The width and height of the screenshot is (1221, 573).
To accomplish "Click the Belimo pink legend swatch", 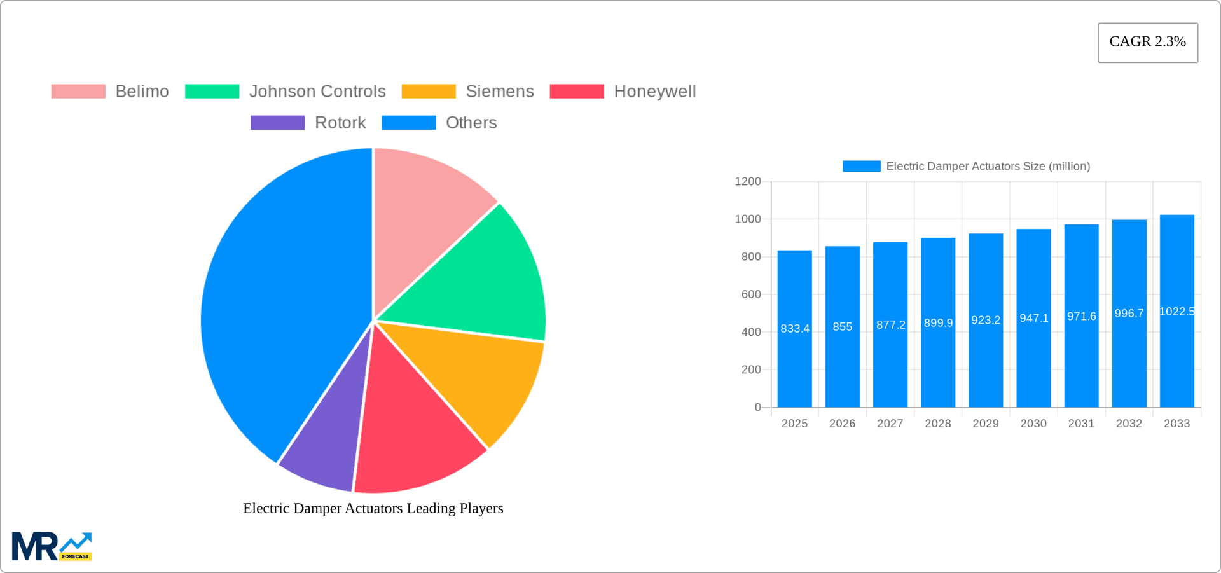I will point(78,92).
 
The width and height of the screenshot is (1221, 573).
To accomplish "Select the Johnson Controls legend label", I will point(317,92).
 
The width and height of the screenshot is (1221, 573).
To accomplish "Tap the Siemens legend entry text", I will point(499,92).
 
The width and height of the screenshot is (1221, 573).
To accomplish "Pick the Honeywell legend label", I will point(654,92).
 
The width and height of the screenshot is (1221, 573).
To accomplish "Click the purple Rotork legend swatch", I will point(277,123).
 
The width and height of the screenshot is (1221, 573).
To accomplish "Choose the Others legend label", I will point(471,123).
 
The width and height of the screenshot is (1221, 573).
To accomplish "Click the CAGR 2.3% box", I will point(1147,43).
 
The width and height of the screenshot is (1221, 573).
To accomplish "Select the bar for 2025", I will point(794,356).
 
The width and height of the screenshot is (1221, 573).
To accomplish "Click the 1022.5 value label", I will point(1176,312).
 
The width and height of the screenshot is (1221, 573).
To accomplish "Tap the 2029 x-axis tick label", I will point(985,424).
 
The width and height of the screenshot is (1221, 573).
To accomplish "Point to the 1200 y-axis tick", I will point(747,182).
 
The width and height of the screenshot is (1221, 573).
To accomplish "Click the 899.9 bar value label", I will point(938,323).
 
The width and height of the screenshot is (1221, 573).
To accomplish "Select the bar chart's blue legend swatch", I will point(861,166).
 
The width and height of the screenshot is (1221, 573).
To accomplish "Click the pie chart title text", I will point(373,508).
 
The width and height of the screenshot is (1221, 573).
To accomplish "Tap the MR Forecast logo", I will point(52,546).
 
